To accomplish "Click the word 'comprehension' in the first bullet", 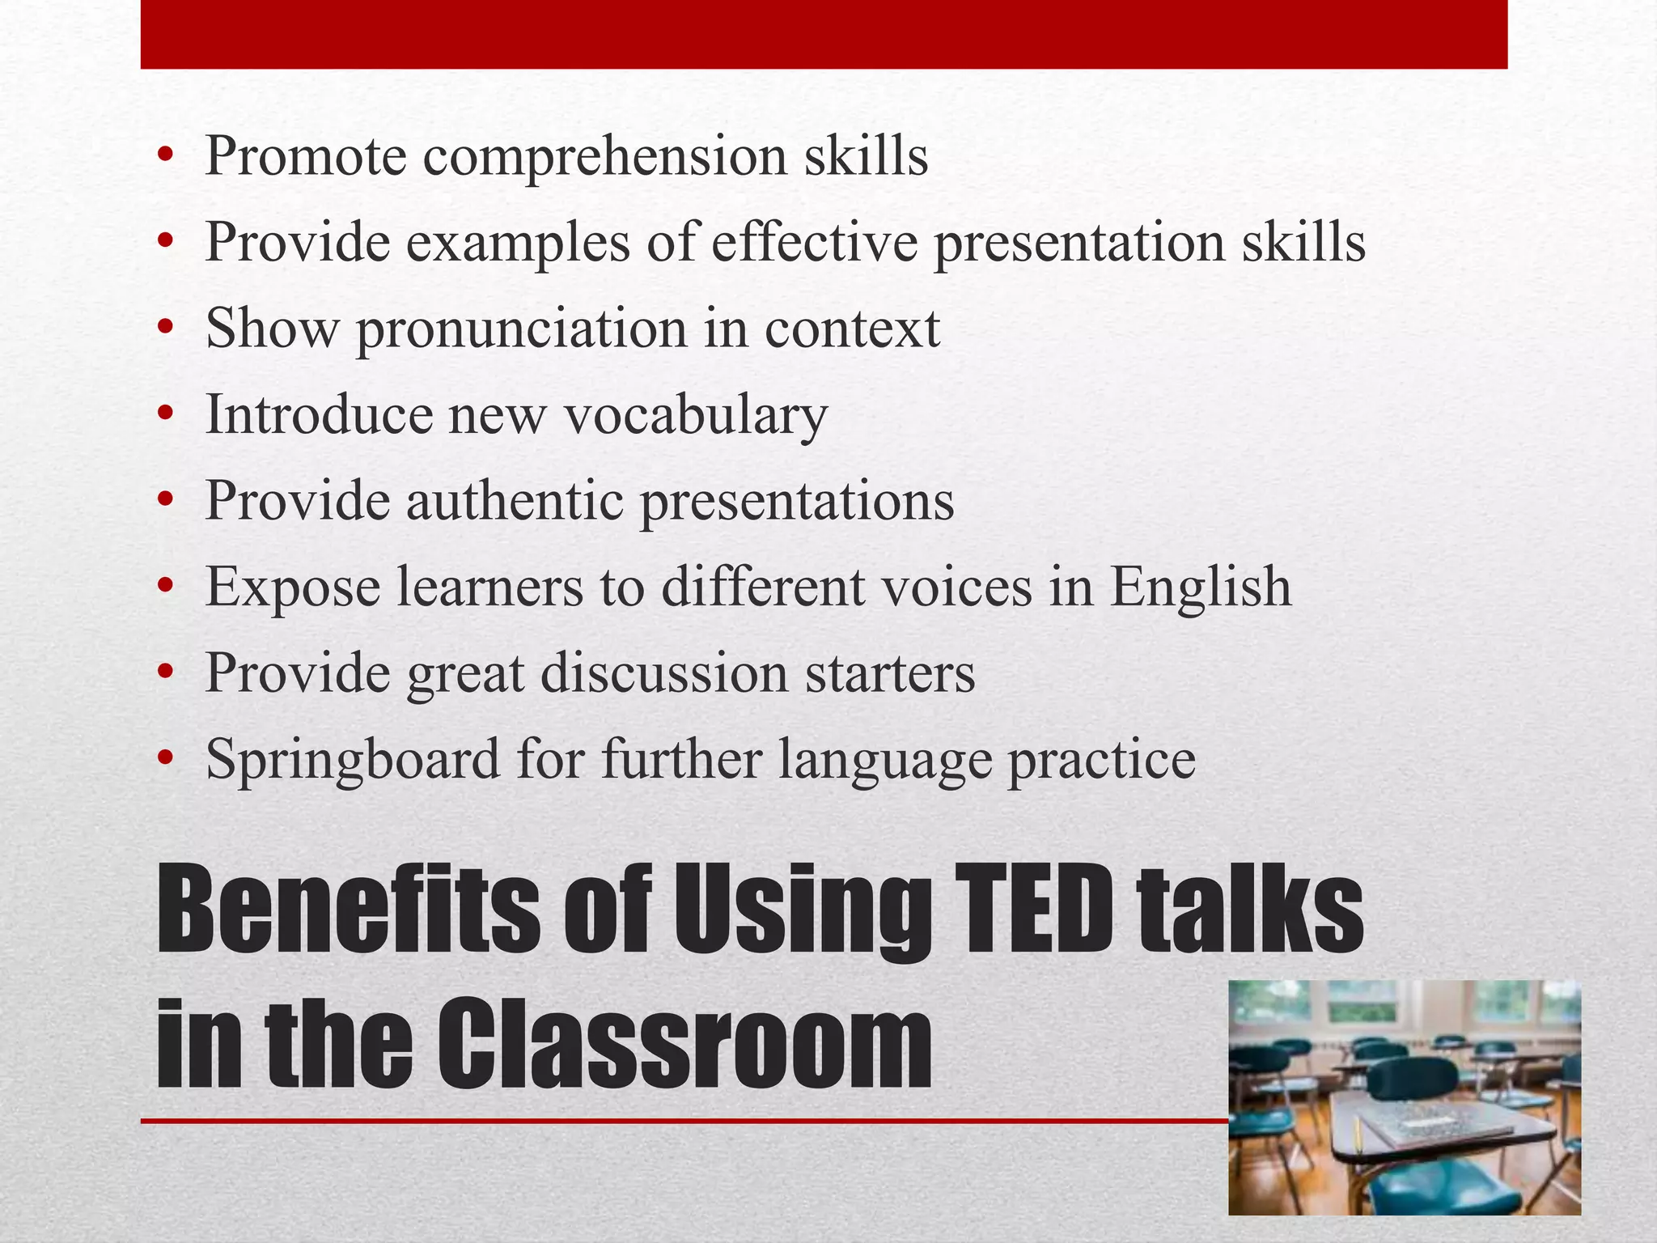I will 604,156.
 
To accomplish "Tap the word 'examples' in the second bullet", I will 517,242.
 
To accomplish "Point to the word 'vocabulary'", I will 695,414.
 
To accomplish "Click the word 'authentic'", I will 514,501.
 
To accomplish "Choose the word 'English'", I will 1200,587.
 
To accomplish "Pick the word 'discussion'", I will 663,673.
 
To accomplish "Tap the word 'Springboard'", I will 353,761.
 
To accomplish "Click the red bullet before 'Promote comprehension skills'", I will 166,155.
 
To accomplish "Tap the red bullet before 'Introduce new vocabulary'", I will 166,415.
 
